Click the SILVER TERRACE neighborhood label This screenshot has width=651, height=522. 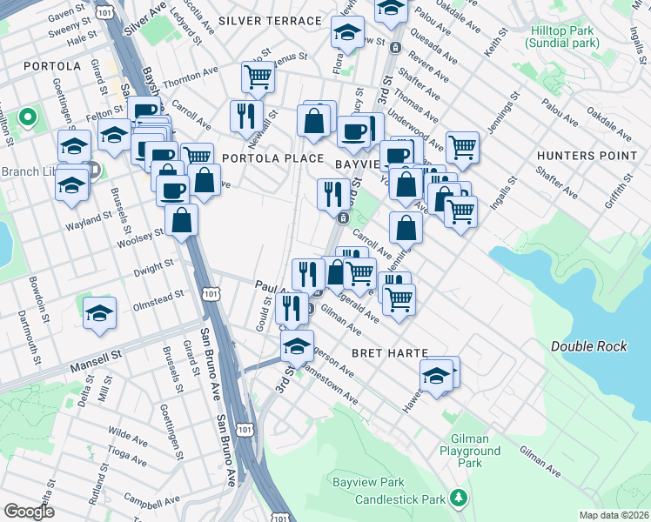pos(270,20)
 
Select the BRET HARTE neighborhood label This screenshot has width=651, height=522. pos(390,353)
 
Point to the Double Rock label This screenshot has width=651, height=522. pos(588,346)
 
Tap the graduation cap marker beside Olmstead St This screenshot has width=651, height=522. pos(100,312)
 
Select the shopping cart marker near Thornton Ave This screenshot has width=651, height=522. pos(258,77)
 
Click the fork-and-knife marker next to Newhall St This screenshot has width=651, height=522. pos(246,115)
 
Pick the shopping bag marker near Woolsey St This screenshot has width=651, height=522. pos(182,221)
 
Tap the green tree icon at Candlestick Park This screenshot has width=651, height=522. pos(459,498)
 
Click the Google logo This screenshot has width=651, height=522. pos(29,512)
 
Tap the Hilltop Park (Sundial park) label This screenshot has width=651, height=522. pos(563,36)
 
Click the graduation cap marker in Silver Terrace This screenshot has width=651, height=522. pos(347,33)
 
